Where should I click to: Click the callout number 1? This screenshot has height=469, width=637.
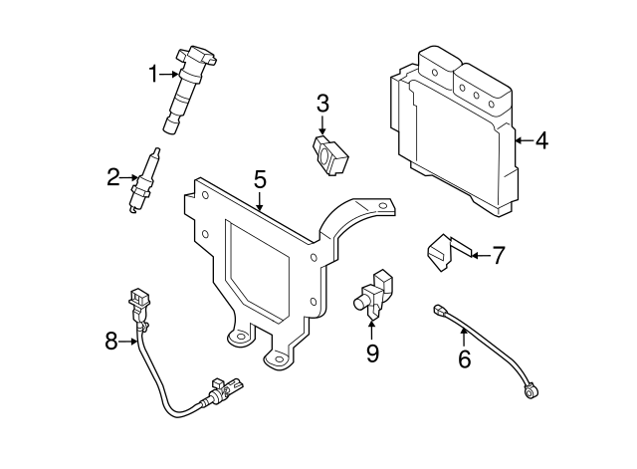153,75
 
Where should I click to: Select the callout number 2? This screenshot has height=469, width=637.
113,177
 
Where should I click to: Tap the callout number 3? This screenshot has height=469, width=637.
322,104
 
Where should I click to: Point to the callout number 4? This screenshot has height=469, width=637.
541,141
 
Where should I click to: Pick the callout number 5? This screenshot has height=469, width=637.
260,179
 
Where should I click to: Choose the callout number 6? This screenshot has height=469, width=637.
465,358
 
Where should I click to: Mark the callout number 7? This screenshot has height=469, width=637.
499,255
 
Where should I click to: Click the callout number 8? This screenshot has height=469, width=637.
111,342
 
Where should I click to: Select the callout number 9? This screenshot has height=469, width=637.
372,353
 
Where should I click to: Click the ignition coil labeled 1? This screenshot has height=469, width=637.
188,89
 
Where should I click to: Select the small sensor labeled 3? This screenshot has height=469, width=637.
330,156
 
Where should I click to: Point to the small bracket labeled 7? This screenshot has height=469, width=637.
449,252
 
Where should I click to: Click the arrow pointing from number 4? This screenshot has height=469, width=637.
525,141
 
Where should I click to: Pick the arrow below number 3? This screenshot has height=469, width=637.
322,124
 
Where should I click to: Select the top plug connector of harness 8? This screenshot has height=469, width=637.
139,300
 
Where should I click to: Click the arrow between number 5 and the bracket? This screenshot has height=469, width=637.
260,201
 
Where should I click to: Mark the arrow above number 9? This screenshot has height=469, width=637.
371,331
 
